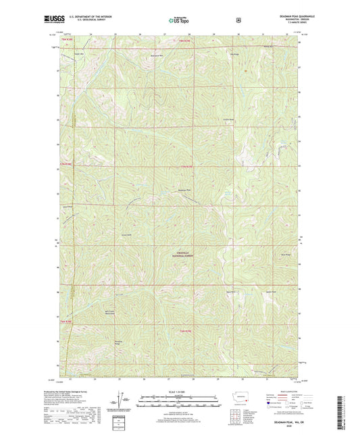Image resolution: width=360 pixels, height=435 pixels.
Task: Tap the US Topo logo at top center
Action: (180, 20)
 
